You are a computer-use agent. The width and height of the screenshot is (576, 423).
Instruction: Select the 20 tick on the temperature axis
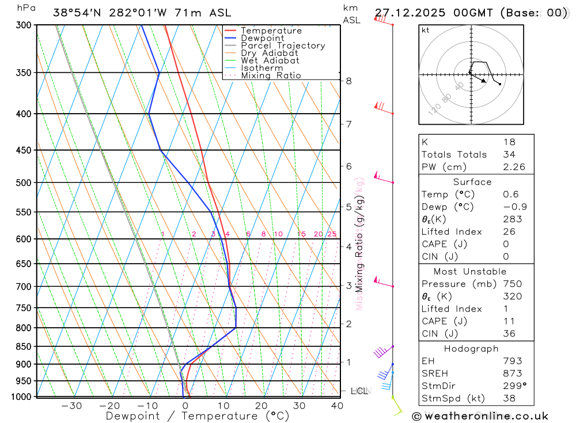pos(262,406)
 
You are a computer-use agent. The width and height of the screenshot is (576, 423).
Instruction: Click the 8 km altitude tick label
pos(349,81)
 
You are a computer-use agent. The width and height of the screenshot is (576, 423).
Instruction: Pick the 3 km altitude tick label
pos(349,286)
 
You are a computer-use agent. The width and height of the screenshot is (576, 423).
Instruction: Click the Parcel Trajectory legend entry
pos(283,46)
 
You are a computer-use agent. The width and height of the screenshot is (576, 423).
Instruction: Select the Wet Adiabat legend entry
pos(270,61)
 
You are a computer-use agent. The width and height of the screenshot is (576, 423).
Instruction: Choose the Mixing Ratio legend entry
pos(271,76)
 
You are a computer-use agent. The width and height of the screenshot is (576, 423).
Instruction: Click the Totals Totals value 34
pos(509,155)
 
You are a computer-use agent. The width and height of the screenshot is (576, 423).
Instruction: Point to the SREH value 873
pos(512,373)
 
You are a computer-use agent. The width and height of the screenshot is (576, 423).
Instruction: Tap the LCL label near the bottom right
pos(359,391)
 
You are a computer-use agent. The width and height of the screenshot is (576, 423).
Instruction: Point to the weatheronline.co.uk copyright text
pos(480,415)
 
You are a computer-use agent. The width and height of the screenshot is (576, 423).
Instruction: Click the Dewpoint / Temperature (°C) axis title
pos(198,416)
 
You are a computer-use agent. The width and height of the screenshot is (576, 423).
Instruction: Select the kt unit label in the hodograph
pos(426,30)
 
